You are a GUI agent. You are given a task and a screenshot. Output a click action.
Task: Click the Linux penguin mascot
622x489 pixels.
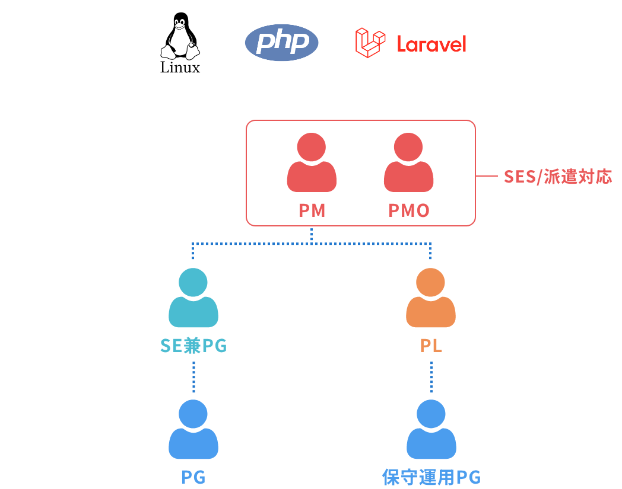pyautogui.click(x=180, y=37)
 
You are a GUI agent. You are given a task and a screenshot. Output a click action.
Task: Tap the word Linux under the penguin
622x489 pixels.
pyautogui.click(x=180, y=68)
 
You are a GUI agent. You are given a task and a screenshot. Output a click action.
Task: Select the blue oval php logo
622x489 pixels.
pyautogui.click(x=281, y=43)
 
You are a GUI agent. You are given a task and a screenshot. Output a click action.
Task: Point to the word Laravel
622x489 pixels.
pyautogui.click(x=431, y=44)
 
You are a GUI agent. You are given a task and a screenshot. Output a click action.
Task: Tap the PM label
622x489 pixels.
pyautogui.click(x=312, y=210)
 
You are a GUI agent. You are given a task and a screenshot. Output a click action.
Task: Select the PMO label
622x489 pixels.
pyautogui.click(x=408, y=210)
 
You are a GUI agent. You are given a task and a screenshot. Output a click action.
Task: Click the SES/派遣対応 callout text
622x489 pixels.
pyautogui.click(x=557, y=177)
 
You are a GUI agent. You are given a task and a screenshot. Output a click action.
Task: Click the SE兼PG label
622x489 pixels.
pyautogui.click(x=193, y=346)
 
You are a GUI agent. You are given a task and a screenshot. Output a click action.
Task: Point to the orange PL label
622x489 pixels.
pyautogui.click(x=431, y=346)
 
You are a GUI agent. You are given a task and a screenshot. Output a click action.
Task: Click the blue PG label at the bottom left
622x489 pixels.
pyautogui.click(x=193, y=478)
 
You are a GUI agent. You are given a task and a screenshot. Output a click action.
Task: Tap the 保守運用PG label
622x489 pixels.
pyautogui.click(x=431, y=478)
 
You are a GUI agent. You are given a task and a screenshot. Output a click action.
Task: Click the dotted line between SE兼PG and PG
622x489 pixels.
pyautogui.click(x=193, y=376)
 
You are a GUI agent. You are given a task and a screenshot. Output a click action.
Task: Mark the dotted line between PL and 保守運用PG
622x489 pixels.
pyautogui.click(x=431, y=376)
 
